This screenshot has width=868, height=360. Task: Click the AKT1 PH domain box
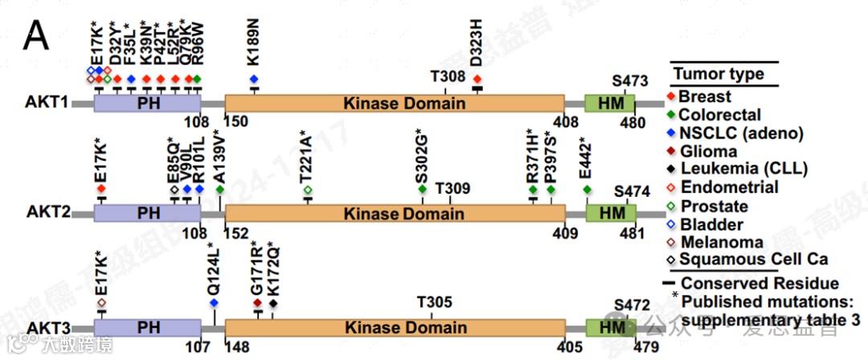pyautogui.click(x=147, y=104)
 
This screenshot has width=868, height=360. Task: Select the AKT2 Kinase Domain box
pyautogui.click(x=394, y=213)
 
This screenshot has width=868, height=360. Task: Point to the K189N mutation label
pyautogui.click(x=253, y=47)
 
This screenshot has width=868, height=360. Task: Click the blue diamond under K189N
pyautogui.click(x=254, y=79)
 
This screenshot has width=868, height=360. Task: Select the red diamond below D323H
pyautogui.click(x=477, y=79)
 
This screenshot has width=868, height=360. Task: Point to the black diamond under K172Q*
pyautogui.click(x=273, y=303)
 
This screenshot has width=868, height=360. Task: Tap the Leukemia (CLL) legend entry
pyautogui.click(x=743, y=169)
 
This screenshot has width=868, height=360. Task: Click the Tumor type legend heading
pyautogui.click(x=719, y=75)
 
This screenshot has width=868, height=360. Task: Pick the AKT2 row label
pyautogui.click(x=47, y=213)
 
